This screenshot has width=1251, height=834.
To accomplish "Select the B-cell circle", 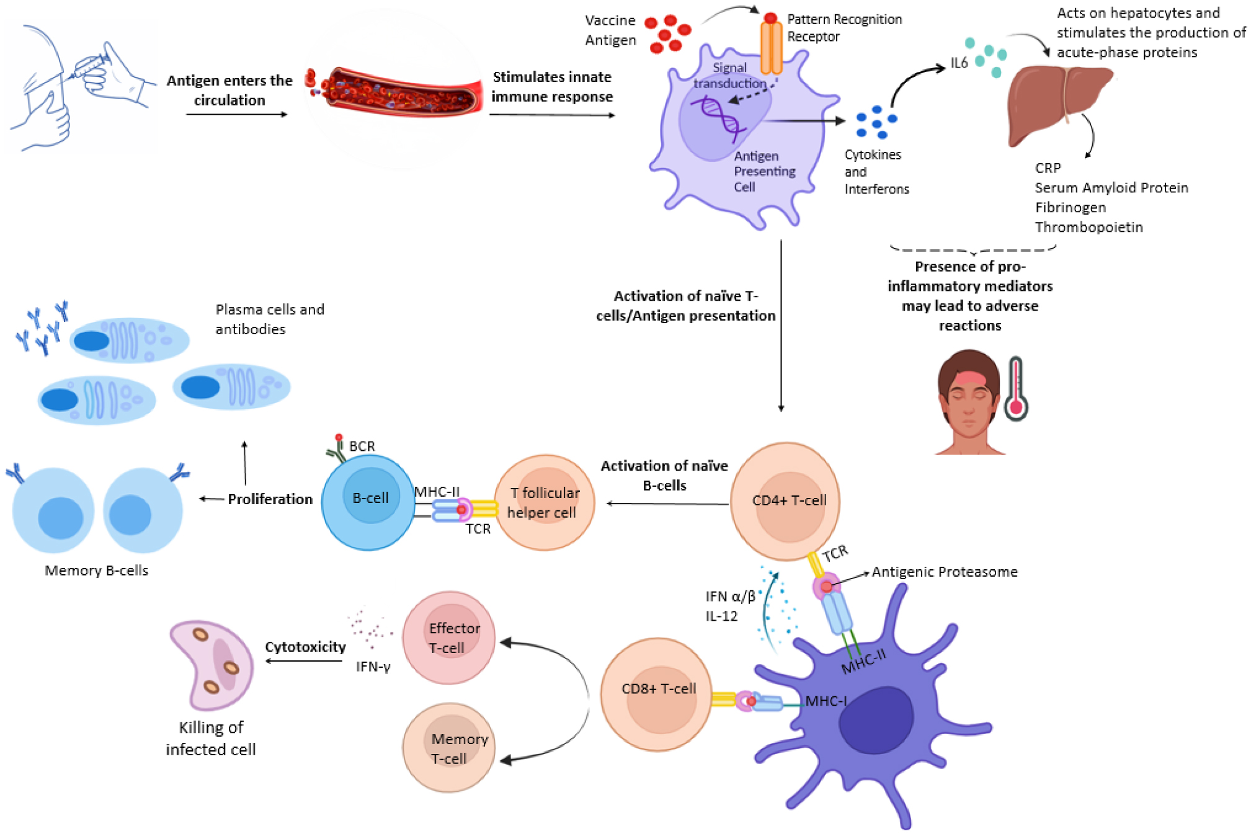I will [x=368, y=502].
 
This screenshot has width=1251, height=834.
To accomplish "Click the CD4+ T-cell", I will [x=786, y=501].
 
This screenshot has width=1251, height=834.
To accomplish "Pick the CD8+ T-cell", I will [x=656, y=694].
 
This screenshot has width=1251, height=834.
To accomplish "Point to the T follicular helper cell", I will [x=544, y=502].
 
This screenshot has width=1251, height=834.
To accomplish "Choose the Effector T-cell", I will [x=448, y=637].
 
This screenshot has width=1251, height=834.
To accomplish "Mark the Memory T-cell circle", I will [x=448, y=748].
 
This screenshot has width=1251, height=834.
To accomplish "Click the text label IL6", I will [x=959, y=63].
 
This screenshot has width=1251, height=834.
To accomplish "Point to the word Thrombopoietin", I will [x=1089, y=227].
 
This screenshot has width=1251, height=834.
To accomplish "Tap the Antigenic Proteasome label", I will [x=944, y=572].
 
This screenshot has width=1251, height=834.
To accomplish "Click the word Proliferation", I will [x=270, y=499].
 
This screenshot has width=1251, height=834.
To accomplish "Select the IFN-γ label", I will [x=373, y=667].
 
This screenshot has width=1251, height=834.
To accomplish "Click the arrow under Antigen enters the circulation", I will [x=236, y=114].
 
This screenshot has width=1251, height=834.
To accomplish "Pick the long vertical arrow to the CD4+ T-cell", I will [x=781, y=326].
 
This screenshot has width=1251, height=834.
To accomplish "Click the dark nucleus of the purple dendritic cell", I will [x=876, y=719].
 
